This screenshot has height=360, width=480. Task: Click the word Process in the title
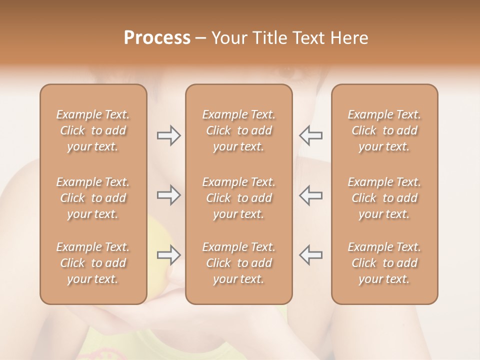pyautogui.click(x=157, y=38)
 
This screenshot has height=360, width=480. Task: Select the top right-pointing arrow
pyautogui.click(x=169, y=135)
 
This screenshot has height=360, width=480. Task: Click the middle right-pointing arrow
pyautogui.click(x=169, y=195)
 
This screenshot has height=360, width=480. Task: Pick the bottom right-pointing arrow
pyautogui.click(x=169, y=255)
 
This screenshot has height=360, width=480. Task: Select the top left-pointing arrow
pyautogui.click(x=310, y=135)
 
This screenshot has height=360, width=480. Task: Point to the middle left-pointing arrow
pyautogui.click(x=310, y=195)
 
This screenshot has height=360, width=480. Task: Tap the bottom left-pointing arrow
pyautogui.click(x=310, y=255)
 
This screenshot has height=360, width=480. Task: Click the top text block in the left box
pyautogui.click(x=93, y=130)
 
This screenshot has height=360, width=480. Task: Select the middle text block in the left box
pyautogui.click(x=93, y=198)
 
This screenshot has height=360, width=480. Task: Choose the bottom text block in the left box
pyautogui.click(x=93, y=263)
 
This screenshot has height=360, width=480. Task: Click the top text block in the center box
pyautogui.click(x=239, y=130)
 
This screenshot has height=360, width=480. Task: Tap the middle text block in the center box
pyautogui.click(x=239, y=198)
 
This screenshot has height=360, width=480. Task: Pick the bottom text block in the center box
pyautogui.click(x=239, y=263)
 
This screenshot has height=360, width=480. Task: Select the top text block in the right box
pyautogui.click(x=384, y=130)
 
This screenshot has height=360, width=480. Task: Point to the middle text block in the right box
pyautogui.click(x=384, y=198)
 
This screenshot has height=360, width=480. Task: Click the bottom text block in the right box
pyautogui.click(x=384, y=263)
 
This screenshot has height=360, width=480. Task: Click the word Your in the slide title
pyautogui.click(x=227, y=38)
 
